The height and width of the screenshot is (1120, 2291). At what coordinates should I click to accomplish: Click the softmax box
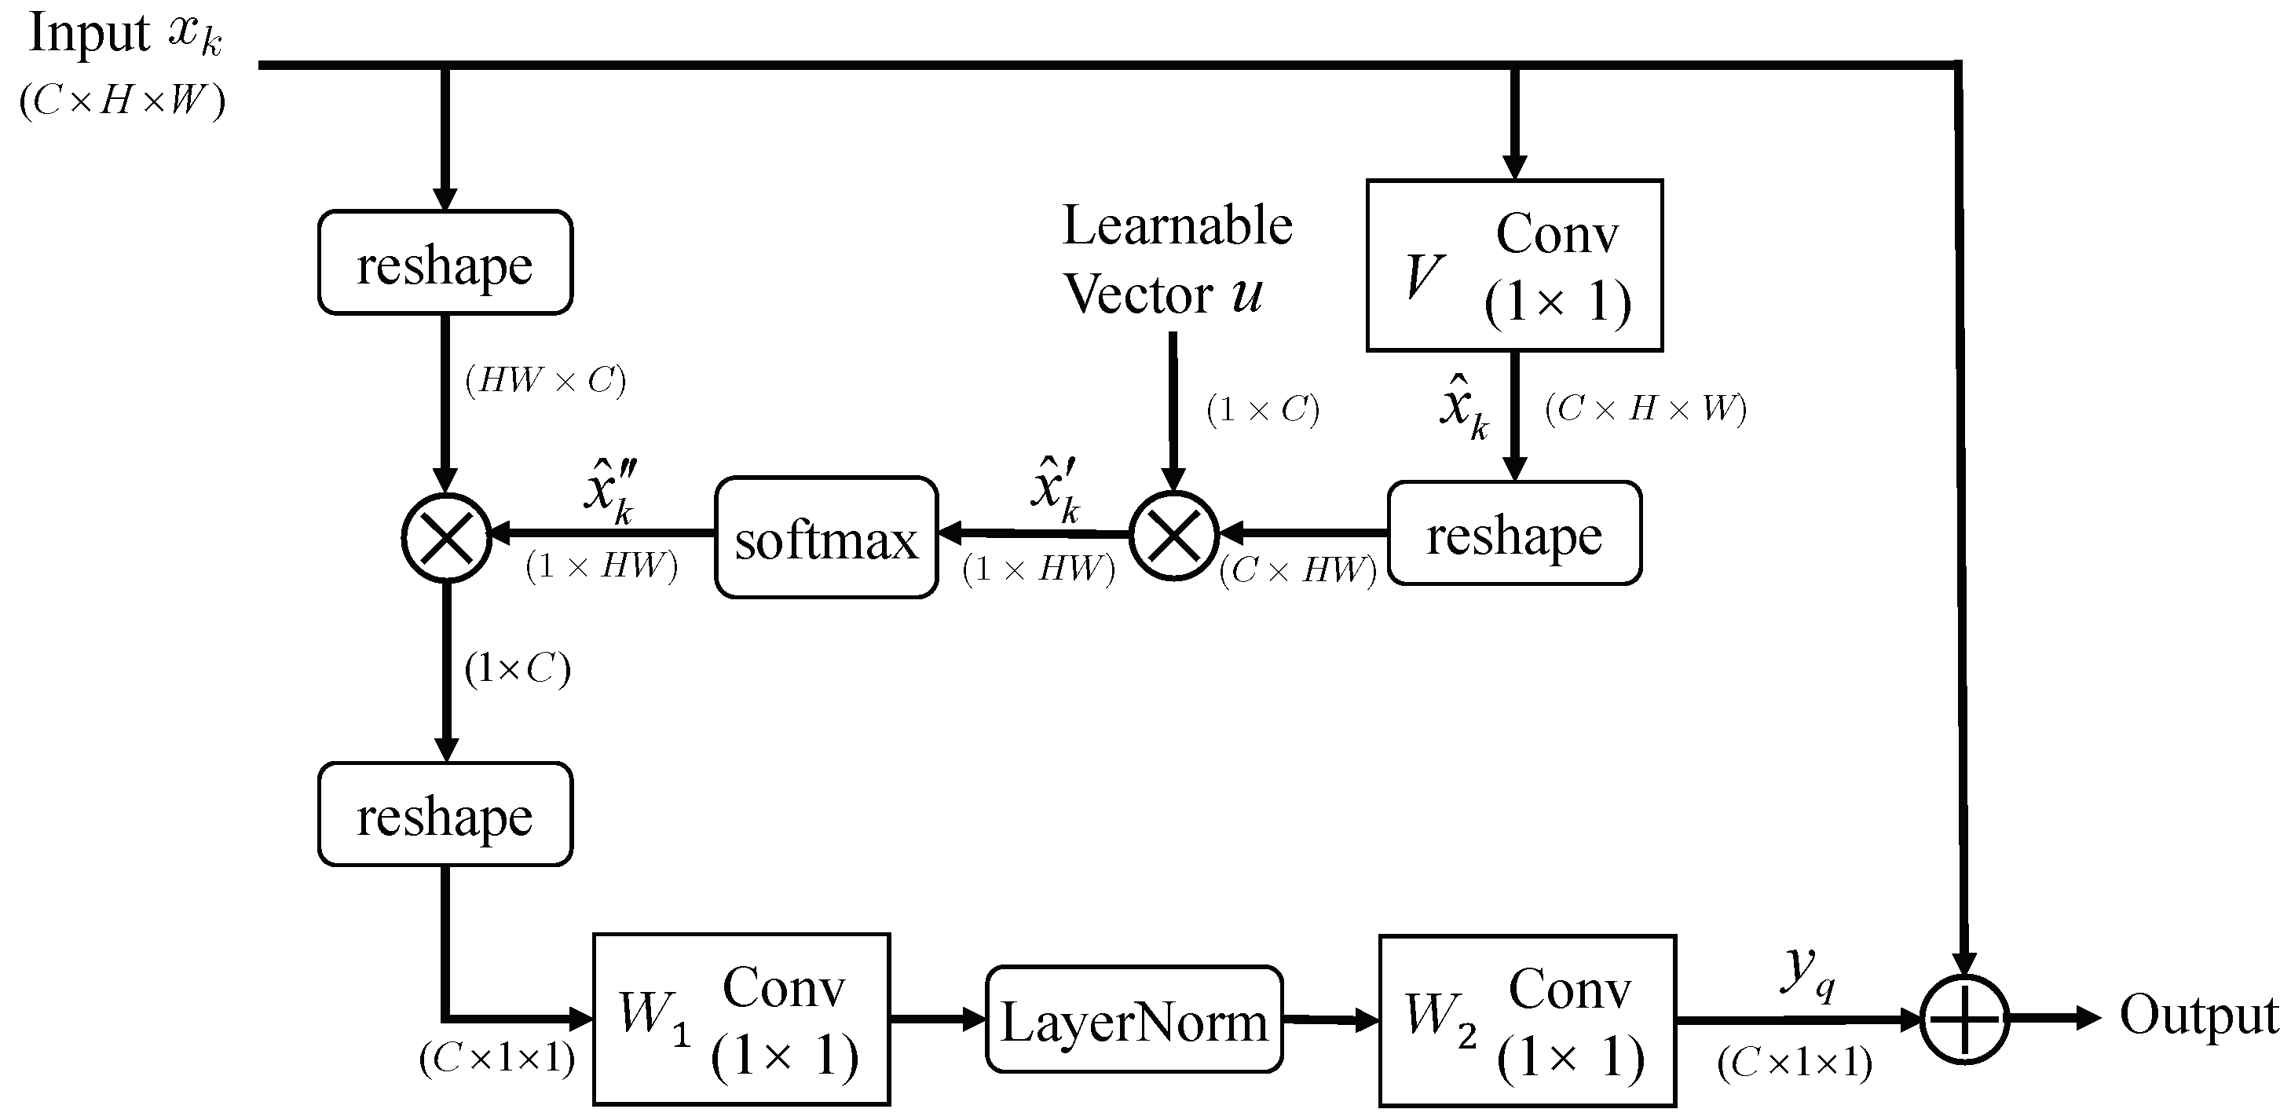[826, 537]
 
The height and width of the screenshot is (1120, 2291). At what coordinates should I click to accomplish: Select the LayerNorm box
[1134, 1019]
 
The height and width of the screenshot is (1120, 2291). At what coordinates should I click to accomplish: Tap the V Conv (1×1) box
[1513, 265]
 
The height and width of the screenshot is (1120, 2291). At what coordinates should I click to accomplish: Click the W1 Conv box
[741, 1019]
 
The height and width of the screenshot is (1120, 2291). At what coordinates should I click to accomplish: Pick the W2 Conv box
[1527, 1020]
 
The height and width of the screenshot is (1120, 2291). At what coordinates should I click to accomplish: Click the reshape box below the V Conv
[1513, 534]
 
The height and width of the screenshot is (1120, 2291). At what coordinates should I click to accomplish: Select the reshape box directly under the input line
[445, 262]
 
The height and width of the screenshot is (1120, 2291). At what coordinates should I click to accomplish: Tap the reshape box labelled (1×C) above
[445, 814]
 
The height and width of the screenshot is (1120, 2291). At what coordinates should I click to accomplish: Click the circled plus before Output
[1964, 1019]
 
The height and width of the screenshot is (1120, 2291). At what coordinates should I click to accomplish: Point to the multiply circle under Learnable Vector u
[1174, 536]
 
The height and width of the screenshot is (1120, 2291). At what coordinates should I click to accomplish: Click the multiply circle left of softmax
[446, 537]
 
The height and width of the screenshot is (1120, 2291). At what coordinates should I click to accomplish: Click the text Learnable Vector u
[1176, 260]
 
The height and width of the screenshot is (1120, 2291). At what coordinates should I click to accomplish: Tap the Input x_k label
[125, 35]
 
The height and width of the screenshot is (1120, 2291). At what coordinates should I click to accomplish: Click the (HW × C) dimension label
[545, 381]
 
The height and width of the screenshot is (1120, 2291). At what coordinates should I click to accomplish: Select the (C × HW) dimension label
[1297, 570]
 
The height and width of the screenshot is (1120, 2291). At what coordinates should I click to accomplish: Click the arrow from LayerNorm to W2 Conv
[1330, 1020]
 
